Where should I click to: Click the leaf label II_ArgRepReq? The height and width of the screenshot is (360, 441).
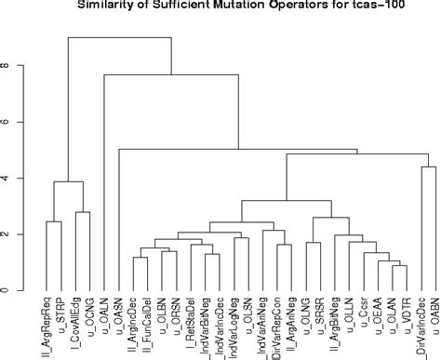click(47, 326)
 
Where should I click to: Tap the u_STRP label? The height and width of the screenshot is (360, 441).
click(60, 316)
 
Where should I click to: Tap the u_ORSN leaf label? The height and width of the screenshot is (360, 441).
click(176, 317)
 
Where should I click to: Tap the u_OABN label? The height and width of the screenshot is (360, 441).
click(434, 317)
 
